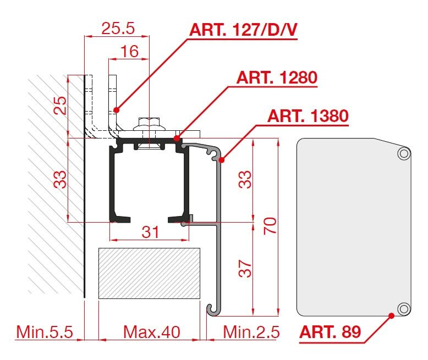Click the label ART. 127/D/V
click(x=243, y=30)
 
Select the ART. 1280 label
click(x=277, y=77)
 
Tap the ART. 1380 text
click(x=308, y=116)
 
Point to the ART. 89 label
click(x=330, y=332)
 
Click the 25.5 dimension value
click(x=118, y=28)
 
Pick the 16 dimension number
click(x=129, y=51)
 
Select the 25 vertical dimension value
click(x=60, y=106)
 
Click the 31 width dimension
click(x=150, y=232)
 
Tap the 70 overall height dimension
click(x=270, y=226)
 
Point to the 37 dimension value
click(x=245, y=268)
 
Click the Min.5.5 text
click(x=45, y=332)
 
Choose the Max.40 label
click(x=151, y=332)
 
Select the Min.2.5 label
click(x=251, y=332)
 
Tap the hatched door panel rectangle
click(x=149, y=273)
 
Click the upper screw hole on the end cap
click(x=403, y=153)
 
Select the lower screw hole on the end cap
click(x=403, y=309)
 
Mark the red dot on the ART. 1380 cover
click(x=222, y=160)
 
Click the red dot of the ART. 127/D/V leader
click(x=117, y=110)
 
